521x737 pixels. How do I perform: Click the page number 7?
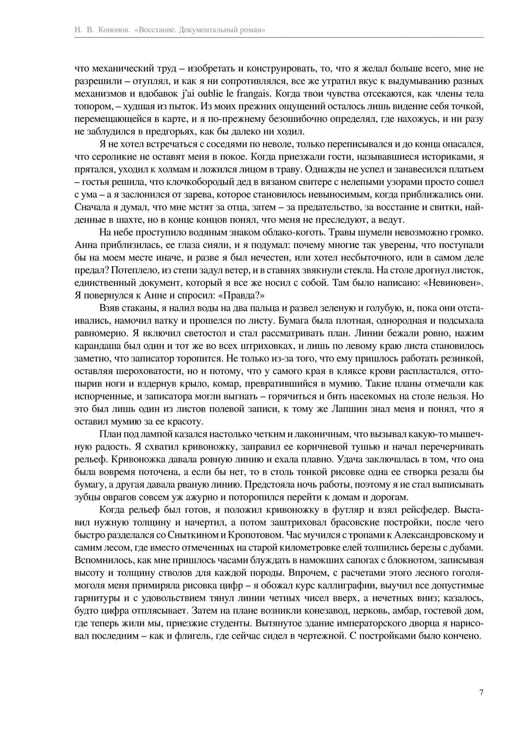pos(481,693)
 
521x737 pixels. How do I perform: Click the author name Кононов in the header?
pos(114,30)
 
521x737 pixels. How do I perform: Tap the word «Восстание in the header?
pos(154,30)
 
